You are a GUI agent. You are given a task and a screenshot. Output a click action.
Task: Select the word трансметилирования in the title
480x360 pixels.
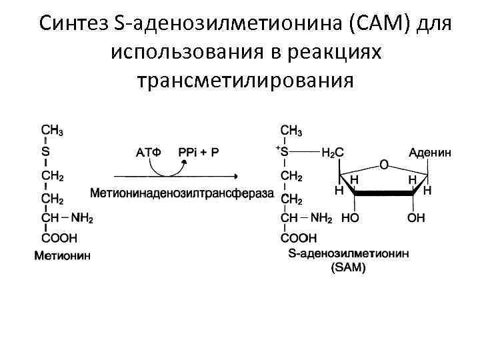[243, 79]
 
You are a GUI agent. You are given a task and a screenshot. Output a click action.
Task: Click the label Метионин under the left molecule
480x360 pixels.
[63, 255]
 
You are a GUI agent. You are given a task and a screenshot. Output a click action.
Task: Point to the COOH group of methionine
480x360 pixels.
[59, 237]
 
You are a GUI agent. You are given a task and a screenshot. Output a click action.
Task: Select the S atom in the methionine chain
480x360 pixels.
[45, 151]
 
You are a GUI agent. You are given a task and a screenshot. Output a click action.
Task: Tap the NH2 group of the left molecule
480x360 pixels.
[83, 218]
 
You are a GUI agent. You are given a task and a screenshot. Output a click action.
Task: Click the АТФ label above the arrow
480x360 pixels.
[149, 152]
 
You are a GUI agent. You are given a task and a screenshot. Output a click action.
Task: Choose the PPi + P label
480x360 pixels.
[199, 152]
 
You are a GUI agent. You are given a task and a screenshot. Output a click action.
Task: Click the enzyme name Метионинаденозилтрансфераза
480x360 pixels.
[182, 193]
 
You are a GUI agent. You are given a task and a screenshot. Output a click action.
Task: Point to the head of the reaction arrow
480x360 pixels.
[236, 176]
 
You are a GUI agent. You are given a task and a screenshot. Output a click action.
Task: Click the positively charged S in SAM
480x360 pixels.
[285, 151]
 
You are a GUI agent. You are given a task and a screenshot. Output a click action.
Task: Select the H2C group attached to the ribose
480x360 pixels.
[333, 152]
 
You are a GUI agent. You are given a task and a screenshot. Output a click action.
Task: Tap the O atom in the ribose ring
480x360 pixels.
[383, 163]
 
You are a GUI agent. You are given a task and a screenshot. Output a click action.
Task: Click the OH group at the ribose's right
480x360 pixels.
[416, 218]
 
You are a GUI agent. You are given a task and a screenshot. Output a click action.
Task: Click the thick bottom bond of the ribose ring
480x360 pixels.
[383, 193]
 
